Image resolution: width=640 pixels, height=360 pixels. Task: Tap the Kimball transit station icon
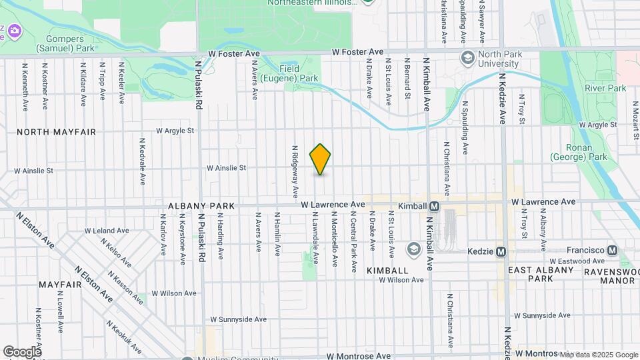[x=434, y=207]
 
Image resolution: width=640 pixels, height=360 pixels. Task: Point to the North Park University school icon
[x=467, y=58]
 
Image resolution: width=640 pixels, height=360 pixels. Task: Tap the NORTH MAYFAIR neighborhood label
[x=56, y=132]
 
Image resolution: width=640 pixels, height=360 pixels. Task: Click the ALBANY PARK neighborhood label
[x=201, y=207]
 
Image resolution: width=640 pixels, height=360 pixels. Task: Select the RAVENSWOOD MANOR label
[x=609, y=276]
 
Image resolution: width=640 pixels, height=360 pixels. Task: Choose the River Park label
[x=605, y=88]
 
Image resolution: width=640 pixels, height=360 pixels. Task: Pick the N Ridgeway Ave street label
[x=294, y=172]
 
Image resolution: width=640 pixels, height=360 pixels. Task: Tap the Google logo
[x=21, y=351]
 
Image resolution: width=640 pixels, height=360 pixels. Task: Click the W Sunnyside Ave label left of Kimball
[x=239, y=320]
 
